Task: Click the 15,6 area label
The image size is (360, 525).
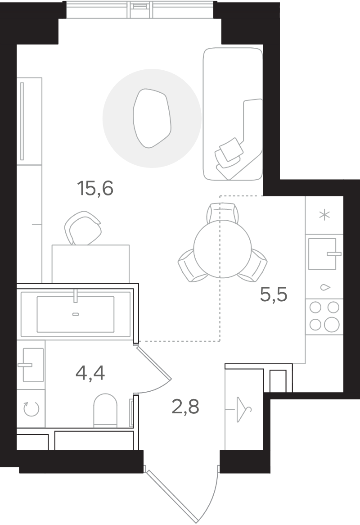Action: click(x=95, y=188)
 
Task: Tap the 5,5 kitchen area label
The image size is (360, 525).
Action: click(x=274, y=294)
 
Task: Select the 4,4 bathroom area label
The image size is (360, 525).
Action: click(x=90, y=372)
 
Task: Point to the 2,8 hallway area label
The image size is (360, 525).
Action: click(x=185, y=407)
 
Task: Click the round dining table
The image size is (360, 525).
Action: click(x=222, y=249)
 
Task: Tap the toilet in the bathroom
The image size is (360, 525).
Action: click(x=105, y=410)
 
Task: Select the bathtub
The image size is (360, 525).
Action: click(x=76, y=314)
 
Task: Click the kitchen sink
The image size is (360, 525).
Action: click(x=323, y=254)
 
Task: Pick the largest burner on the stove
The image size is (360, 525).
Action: click(x=332, y=325)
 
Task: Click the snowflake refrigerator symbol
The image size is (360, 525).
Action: click(x=324, y=215)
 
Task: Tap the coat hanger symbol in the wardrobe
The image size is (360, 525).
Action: click(x=244, y=409)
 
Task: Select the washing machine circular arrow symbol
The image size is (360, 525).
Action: click(x=31, y=409)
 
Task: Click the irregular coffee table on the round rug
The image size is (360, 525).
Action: click(x=152, y=118)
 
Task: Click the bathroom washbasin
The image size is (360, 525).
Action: click(x=33, y=365)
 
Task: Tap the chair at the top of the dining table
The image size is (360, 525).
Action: click(x=223, y=212)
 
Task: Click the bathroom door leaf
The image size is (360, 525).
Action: click(x=154, y=363)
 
